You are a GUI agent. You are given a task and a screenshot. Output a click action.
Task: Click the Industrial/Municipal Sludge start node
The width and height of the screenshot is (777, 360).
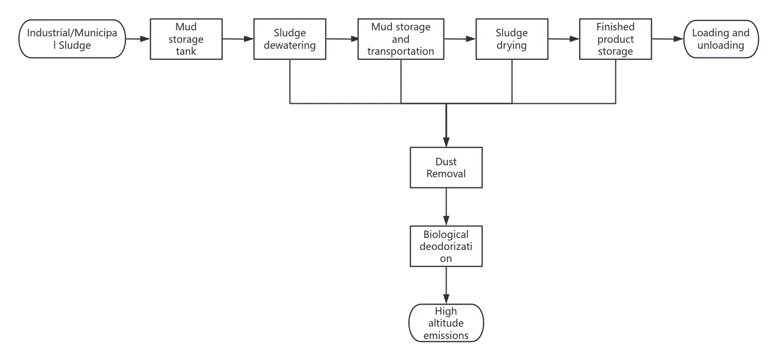(x=72, y=39)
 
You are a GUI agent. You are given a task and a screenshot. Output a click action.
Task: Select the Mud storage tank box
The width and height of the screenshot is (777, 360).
(x=186, y=39)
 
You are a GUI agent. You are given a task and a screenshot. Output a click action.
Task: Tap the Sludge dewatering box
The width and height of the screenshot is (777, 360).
(x=289, y=39)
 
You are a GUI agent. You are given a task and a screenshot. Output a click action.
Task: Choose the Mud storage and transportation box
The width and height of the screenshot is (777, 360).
(x=400, y=39)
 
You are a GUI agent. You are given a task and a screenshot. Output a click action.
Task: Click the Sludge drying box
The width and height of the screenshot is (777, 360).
(x=512, y=39)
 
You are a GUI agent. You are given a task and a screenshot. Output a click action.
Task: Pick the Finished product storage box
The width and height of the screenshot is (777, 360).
(x=615, y=39)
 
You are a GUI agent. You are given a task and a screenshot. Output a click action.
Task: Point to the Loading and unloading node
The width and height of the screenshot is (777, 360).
(x=720, y=39)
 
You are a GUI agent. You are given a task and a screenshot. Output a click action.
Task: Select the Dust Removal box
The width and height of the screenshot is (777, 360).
(x=446, y=168)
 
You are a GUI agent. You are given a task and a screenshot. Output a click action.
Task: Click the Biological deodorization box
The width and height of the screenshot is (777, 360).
(x=446, y=246)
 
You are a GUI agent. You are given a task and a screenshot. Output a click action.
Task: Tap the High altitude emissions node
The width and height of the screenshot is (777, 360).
(x=446, y=323)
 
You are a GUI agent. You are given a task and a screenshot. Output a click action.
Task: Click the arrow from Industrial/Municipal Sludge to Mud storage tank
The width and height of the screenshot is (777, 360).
(x=137, y=38)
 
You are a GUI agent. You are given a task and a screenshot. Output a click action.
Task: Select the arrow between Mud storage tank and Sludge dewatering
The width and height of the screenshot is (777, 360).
(x=237, y=38)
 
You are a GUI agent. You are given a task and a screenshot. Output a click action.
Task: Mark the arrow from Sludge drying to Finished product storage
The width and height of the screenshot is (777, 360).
(x=564, y=38)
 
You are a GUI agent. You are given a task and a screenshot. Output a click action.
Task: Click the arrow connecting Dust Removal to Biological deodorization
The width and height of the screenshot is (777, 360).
(x=446, y=207)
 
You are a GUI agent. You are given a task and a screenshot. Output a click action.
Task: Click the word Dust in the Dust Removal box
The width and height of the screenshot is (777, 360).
(x=446, y=162)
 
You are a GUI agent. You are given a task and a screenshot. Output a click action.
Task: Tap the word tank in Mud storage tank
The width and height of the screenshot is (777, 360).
(x=186, y=51)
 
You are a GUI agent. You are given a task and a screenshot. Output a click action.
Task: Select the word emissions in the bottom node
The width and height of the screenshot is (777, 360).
(x=446, y=335)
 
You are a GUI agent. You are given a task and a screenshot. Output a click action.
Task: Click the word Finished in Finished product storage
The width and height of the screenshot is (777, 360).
(x=615, y=27)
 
